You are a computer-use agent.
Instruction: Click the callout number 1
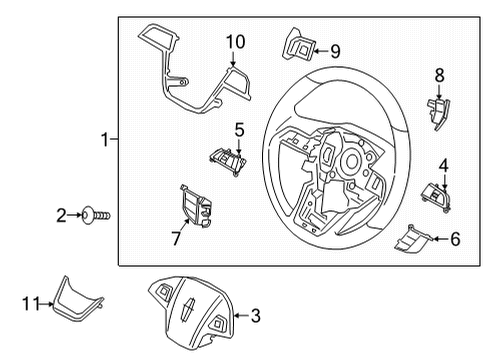click(x=103, y=141)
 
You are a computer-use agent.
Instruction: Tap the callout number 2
click(x=61, y=213)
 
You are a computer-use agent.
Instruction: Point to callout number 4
click(x=444, y=164)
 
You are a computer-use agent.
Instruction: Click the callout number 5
click(x=239, y=129)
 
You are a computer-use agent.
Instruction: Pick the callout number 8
click(x=438, y=74)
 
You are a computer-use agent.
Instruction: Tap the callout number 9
click(x=335, y=50)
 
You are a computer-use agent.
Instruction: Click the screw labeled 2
click(x=98, y=213)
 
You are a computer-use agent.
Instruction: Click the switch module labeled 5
click(x=228, y=156)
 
